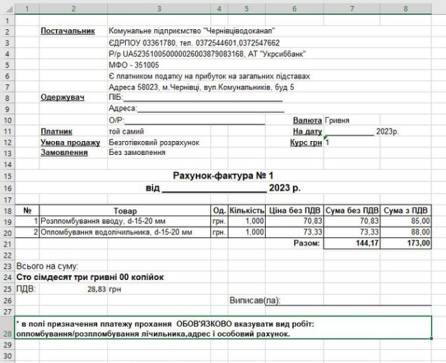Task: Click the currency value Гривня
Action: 337,120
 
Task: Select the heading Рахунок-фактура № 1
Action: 223,176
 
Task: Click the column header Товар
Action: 125,210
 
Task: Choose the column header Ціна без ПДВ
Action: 295,210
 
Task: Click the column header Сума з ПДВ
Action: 408,210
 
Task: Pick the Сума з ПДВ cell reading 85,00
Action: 419,221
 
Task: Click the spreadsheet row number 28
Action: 7,334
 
